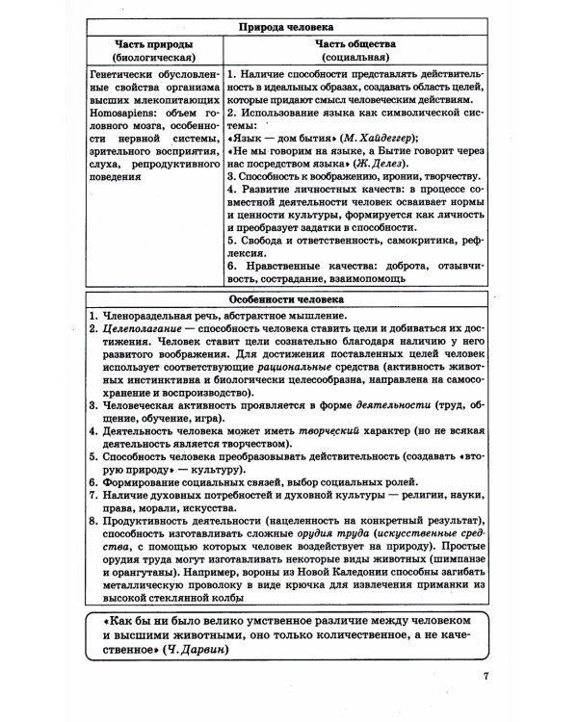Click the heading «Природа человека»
point(289,26)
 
